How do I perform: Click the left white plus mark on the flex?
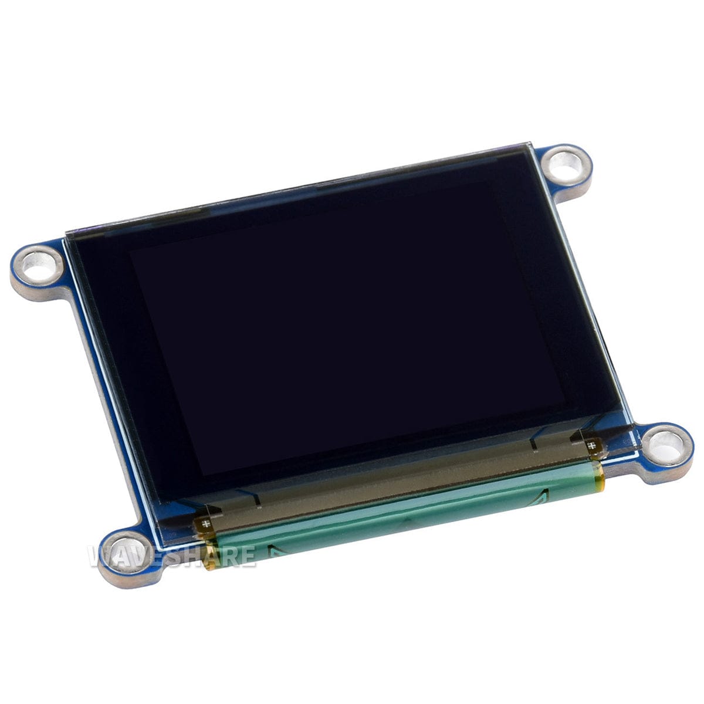pos(206,523)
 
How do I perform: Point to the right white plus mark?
pos(591,445)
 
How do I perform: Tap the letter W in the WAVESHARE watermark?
pos(101,556)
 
